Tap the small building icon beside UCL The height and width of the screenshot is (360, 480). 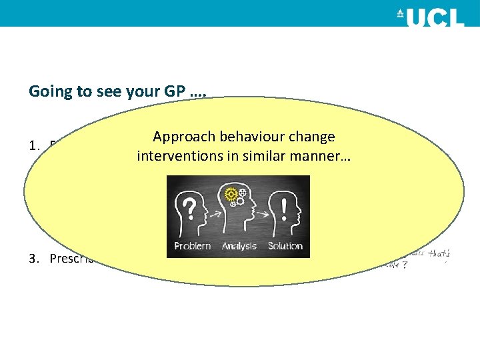coord(401,13)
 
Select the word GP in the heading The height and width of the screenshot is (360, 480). coord(172,91)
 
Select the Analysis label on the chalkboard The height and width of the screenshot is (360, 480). coord(239,246)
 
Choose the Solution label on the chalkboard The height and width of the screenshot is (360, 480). coord(285,246)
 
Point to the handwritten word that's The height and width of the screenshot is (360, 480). coord(439,253)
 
